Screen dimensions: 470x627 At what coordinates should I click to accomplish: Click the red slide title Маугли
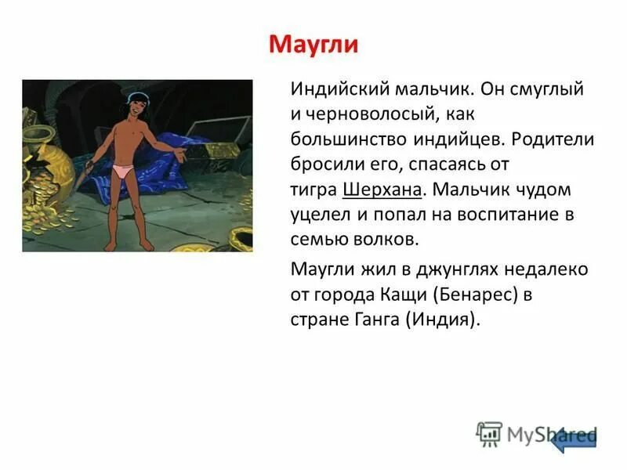click(313, 43)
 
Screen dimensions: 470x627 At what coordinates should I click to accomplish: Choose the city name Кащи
click(401, 295)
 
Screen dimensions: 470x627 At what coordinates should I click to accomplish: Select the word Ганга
click(371, 320)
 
